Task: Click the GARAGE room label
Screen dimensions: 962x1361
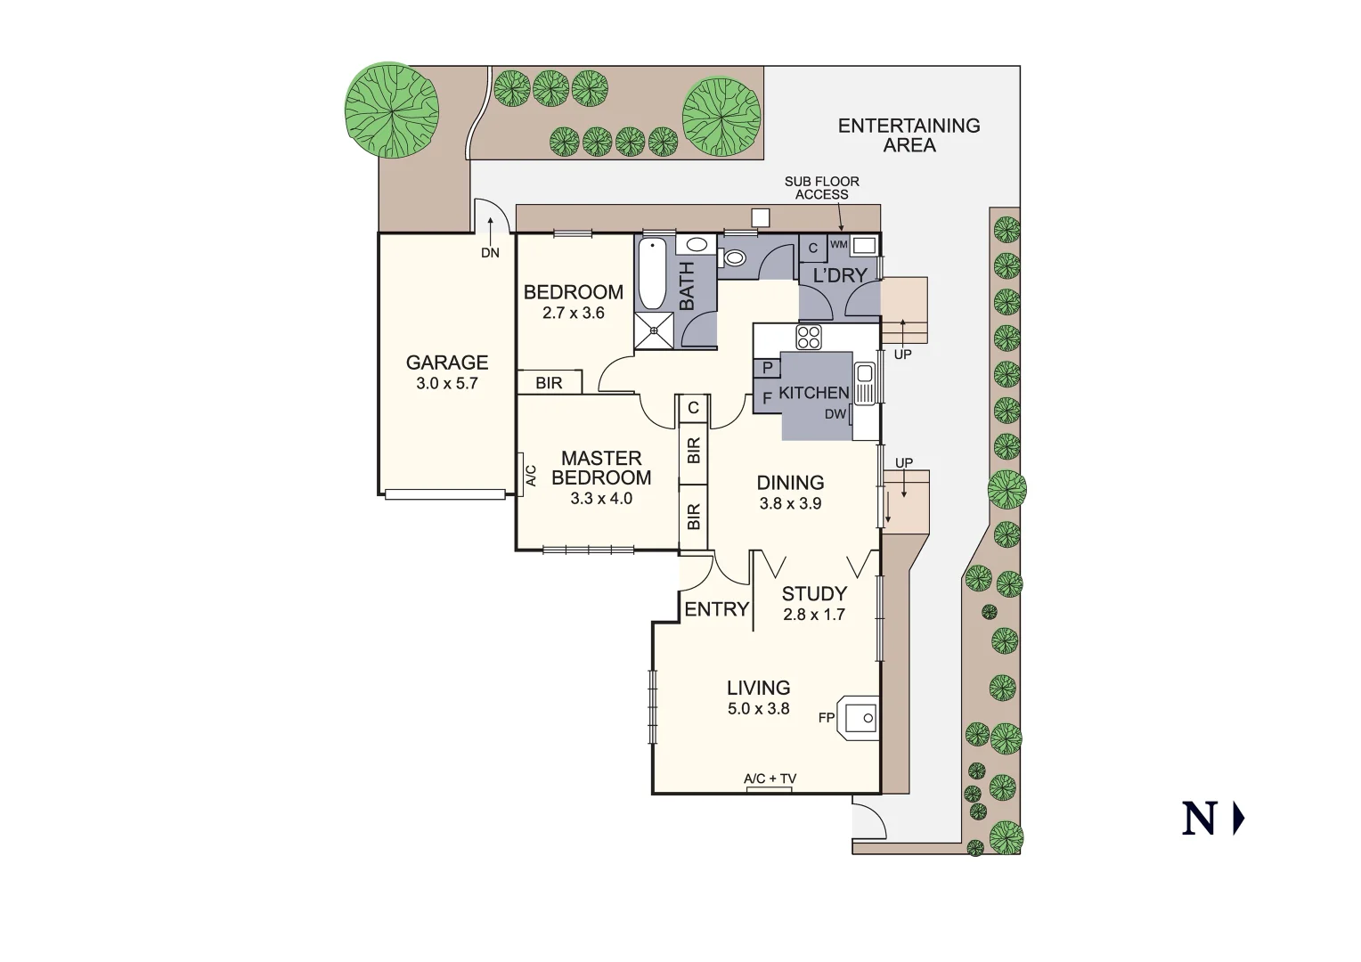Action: pos(447,363)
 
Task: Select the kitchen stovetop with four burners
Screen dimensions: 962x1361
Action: pos(809,337)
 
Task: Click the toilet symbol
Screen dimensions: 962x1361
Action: pos(735,258)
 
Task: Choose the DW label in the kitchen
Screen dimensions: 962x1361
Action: pos(835,414)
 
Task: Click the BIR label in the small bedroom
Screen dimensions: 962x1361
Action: pos(550,383)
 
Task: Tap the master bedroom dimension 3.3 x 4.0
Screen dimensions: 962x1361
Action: pos(601,499)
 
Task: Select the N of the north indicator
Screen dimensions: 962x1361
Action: pos(1199,819)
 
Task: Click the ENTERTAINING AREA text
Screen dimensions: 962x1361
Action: pos(909,135)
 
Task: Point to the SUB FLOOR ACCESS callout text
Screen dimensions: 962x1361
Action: pos(821,188)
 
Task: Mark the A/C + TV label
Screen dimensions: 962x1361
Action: pos(770,779)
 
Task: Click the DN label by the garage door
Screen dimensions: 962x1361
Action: pos(490,253)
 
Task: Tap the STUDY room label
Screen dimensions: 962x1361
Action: pos(814,593)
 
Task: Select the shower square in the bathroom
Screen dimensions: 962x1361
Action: pos(655,330)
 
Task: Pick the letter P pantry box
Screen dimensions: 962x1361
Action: pos(767,367)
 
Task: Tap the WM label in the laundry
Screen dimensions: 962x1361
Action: pos(838,244)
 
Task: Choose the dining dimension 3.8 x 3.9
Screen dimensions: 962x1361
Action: pos(790,503)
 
